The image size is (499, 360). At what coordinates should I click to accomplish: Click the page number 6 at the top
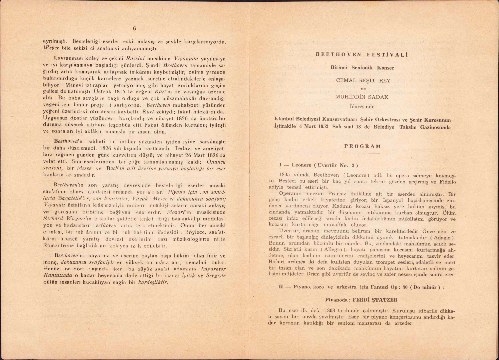pyautogui.click(x=135, y=29)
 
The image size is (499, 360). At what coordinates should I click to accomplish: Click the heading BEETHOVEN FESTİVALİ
pyautogui.click(x=362, y=55)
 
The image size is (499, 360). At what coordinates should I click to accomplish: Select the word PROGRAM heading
pyautogui.click(x=363, y=146)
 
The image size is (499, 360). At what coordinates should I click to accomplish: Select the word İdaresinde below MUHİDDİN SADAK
pyautogui.click(x=362, y=107)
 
